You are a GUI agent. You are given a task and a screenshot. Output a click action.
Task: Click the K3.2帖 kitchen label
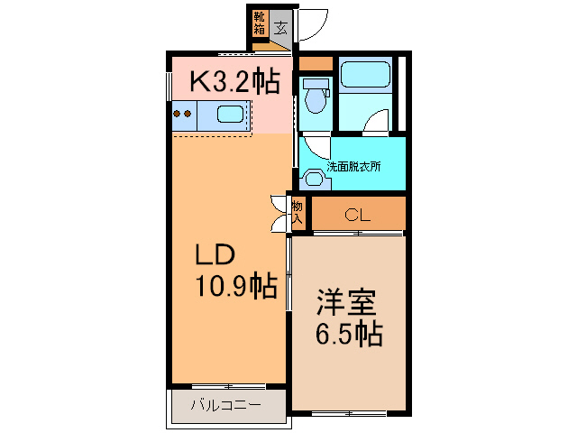pos(233,82)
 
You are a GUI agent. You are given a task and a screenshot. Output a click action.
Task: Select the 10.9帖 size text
pos(236,287)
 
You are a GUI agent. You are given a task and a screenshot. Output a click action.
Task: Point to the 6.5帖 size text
pos(348,334)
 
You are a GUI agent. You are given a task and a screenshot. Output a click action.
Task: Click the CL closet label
pos(358,216)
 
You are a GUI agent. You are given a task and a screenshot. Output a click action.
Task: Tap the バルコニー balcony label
pos(225,405)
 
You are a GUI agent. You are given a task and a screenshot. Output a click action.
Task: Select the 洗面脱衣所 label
pos(353,166)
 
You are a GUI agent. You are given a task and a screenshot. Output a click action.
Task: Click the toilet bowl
pos(315,97)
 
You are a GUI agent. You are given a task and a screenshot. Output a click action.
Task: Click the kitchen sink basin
pos(231,115)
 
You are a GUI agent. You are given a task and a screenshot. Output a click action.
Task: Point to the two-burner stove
pos(183,115)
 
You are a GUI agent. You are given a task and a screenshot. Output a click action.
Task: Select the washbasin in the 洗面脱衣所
pos(313,178)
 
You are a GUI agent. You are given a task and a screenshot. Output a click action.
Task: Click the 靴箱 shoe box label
pos(260,23)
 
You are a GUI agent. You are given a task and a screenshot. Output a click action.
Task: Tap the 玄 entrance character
pos(281,28)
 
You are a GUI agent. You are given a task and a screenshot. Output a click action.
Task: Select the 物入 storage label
pos(297,212)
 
